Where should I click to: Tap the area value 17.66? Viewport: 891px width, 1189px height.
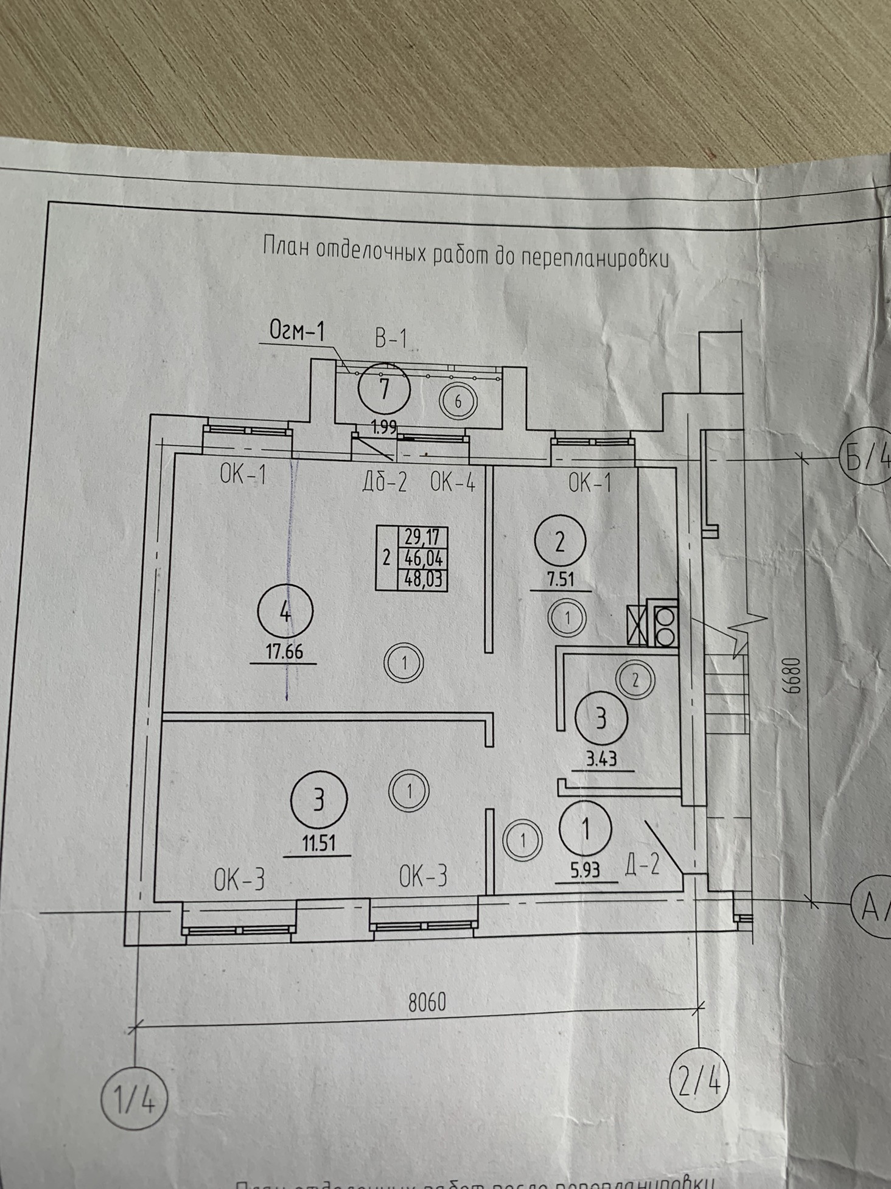coord(284,652)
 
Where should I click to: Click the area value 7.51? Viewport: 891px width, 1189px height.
coord(561,579)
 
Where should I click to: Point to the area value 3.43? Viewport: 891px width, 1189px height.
coord(601,759)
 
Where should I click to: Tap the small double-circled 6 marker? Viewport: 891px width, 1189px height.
coord(459,401)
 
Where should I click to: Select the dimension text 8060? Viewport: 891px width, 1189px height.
coord(427,1002)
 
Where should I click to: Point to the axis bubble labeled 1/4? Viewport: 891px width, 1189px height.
coord(133,1102)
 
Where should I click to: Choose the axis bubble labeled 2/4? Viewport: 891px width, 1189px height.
coord(699,1083)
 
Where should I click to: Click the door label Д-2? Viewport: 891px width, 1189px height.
coord(642,864)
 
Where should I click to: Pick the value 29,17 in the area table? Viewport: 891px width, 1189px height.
coord(422,537)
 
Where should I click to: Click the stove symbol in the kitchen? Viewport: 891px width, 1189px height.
coord(664,624)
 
